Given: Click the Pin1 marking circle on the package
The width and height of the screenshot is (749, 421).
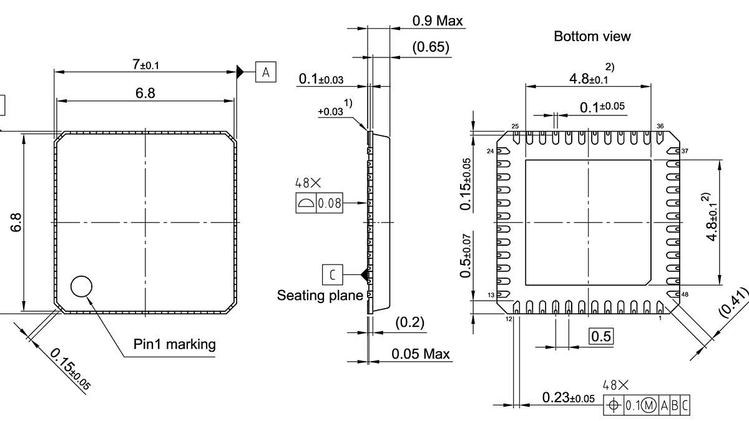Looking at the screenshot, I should (81, 286).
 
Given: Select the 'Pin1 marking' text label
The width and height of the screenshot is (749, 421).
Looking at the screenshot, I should (174, 344).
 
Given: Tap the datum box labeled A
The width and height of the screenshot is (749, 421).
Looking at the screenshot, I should (266, 72).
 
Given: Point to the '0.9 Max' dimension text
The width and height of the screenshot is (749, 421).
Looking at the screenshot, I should (438, 21).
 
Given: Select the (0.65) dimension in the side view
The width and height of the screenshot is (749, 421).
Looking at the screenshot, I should (431, 47).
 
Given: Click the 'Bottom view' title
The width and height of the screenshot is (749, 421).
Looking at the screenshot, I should (592, 36).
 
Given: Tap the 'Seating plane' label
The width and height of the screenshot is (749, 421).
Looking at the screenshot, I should (320, 296).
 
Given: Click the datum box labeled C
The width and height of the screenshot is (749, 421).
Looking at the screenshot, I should (333, 274).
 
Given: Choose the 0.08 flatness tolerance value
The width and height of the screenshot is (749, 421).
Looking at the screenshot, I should (329, 203).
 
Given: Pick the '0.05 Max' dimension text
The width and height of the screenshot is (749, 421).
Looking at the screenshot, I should (421, 354).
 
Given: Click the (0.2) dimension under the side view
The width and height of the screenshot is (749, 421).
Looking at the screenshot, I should (409, 322).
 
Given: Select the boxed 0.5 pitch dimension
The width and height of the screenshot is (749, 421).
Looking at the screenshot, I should (602, 337).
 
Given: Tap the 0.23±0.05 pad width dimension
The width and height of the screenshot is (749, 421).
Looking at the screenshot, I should (568, 398).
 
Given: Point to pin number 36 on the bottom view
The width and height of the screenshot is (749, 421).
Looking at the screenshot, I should (660, 127).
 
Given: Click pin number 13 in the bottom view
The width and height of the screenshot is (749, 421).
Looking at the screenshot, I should (491, 295).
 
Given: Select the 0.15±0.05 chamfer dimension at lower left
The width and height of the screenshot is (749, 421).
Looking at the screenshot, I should (70, 369).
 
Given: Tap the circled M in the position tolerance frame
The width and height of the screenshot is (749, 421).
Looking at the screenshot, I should (649, 405).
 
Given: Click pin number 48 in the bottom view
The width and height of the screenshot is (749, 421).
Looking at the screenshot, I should (685, 294).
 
